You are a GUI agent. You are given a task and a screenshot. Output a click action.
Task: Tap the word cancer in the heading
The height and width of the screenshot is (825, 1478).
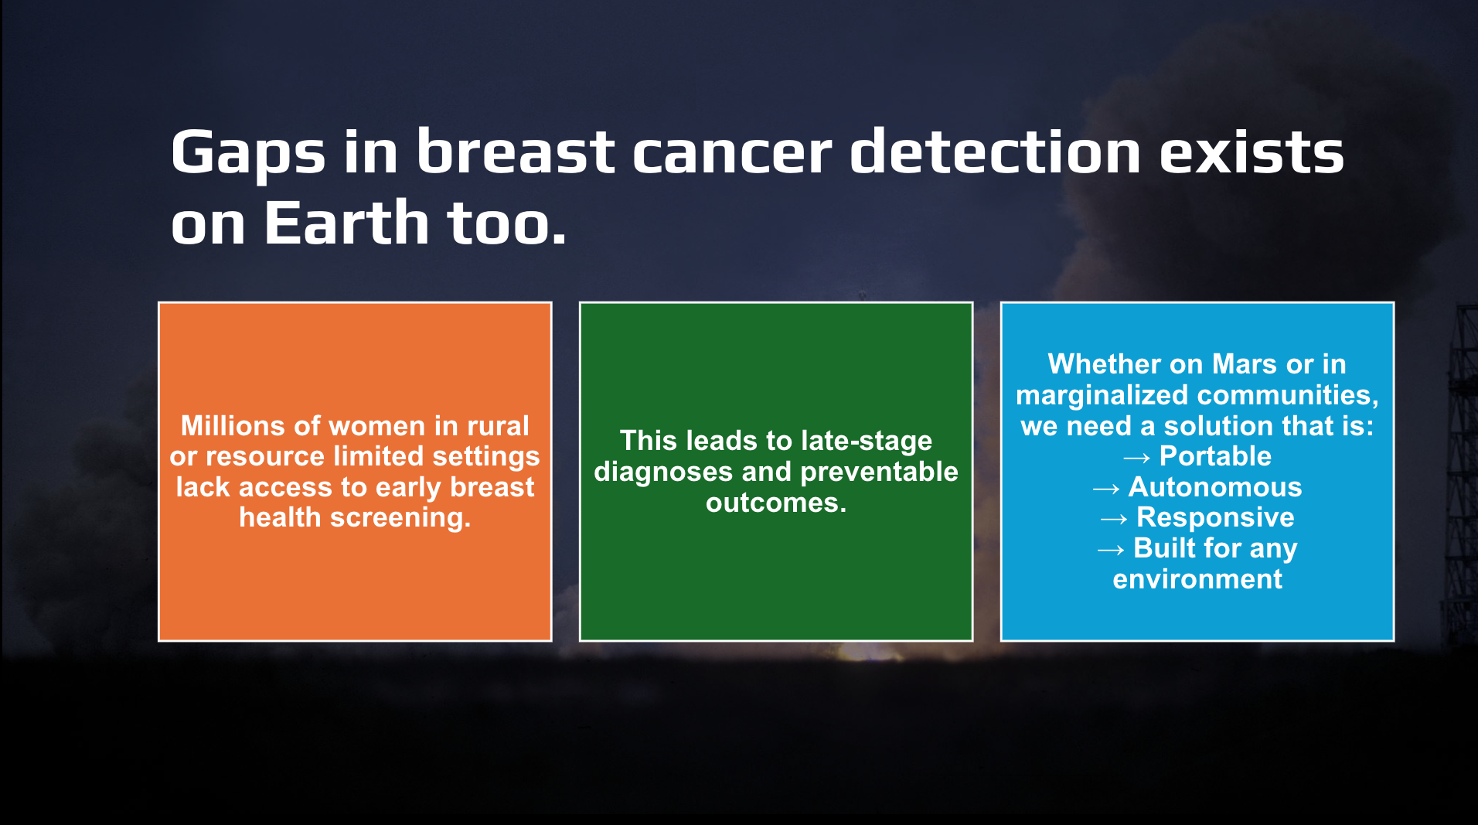(733, 152)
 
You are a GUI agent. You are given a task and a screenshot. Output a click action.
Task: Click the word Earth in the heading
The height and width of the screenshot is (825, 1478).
(346, 223)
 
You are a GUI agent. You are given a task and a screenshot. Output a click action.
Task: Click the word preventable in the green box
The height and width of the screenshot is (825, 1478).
(878, 472)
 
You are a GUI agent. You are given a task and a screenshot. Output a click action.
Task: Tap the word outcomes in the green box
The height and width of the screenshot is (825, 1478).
(776, 503)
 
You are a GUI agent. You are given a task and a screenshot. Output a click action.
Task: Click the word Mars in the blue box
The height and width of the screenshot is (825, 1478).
(1245, 364)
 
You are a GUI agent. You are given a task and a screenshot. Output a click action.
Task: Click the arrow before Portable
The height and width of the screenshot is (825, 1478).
(1136, 459)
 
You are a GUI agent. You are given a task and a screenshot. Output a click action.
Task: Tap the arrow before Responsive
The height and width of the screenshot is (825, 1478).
(1113, 520)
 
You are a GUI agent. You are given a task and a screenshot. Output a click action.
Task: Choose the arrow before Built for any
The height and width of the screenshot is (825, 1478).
(1110, 551)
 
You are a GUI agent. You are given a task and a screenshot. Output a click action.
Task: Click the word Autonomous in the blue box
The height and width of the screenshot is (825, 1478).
(1215, 487)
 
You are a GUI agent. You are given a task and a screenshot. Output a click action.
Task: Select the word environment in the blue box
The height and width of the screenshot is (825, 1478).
(1197, 579)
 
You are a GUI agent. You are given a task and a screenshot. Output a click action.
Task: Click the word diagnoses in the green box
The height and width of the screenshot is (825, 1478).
(663, 472)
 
